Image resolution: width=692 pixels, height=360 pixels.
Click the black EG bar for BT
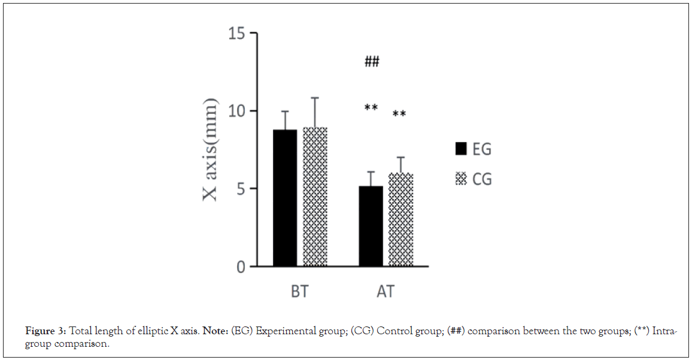pyautogui.click(x=285, y=198)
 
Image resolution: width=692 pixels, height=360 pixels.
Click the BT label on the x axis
pyautogui.click(x=299, y=292)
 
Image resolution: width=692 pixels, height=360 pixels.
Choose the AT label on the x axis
pyautogui.click(x=386, y=292)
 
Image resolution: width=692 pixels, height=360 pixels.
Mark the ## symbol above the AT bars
pyautogui.click(x=372, y=61)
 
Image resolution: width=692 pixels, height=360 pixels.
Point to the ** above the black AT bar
pyautogui.click(x=371, y=108)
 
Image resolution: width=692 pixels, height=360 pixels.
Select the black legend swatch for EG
pyautogui.click(x=460, y=149)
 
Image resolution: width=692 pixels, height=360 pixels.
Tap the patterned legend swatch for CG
pyautogui.click(x=460, y=178)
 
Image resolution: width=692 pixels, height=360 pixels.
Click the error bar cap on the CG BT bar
pyautogui.click(x=315, y=98)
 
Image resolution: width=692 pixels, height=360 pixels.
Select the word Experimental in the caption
pyautogui.click(x=281, y=332)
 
